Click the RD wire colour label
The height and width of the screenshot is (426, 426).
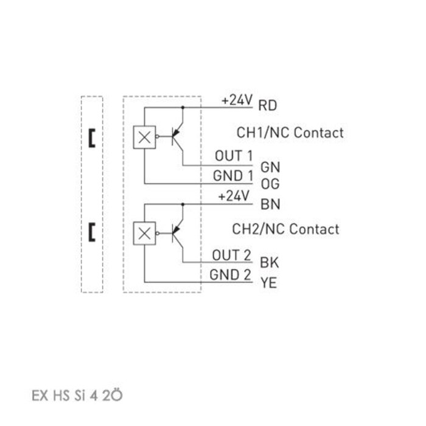[x=268, y=106]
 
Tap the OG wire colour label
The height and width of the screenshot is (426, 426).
[x=268, y=183]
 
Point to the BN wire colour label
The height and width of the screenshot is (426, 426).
[x=268, y=204]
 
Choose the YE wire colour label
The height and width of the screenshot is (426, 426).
[x=268, y=282]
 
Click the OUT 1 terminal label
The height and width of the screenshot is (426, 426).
[x=233, y=156]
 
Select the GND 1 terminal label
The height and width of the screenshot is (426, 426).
[x=232, y=175]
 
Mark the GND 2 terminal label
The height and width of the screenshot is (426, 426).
[x=231, y=274]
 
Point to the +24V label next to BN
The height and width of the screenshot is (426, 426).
[x=234, y=197]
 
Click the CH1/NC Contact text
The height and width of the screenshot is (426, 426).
[x=289, y=132]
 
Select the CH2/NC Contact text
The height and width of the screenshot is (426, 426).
[x=286, y=229]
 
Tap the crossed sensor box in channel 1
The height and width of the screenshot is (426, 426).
[x=144, y=138]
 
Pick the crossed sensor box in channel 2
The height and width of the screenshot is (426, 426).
[x=144, y=231]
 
